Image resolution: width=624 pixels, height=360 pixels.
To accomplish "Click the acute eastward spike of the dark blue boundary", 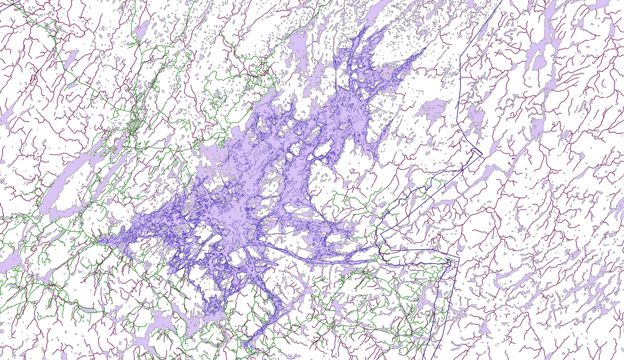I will pos(482,153).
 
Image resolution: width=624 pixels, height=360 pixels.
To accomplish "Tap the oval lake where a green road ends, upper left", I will pos(142,32).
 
